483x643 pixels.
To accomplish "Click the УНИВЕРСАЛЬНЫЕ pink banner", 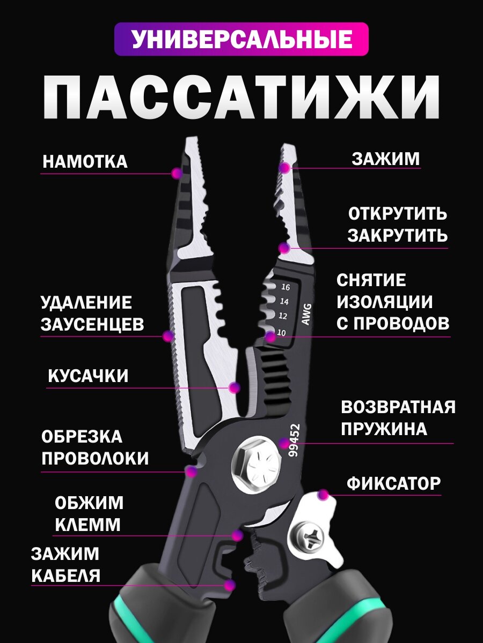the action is (x=241, y=39).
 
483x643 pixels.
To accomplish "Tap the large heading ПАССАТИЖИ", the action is (x=241, y=97).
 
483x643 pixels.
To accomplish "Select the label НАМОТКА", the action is (x=85, y=162).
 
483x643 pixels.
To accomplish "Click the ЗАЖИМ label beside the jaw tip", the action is (x=385, y=159).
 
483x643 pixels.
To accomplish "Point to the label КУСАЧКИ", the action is (x=89, y=376).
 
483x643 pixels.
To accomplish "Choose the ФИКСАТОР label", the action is (x=393, y=484).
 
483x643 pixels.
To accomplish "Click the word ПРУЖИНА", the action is (x=384, y=429).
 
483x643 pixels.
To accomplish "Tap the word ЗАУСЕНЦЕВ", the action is (x=92, y=324).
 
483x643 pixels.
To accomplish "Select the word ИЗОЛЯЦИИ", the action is (x=385, y=302).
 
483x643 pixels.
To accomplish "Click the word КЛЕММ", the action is (x=87, y=525).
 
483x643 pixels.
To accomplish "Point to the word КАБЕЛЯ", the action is (x=66, y=575).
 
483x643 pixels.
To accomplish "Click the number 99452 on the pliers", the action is (x=295, y=440).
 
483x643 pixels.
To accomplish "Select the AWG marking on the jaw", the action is (x=306, y=315).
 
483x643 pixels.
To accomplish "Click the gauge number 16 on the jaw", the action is (x=285, y=287).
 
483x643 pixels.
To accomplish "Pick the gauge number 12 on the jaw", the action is (x=283, y=316).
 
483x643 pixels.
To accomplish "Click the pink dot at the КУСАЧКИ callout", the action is (x=234, y=387).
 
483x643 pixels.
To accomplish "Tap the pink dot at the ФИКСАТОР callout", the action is (x=323, y=495).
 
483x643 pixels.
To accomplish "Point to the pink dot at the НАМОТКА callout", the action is (x=176, y=173).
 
